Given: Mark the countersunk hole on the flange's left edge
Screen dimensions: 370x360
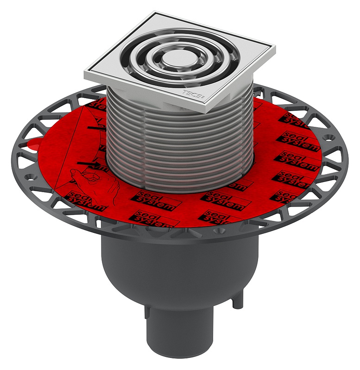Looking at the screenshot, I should click(26, 176).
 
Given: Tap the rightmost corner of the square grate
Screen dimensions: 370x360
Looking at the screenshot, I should click(274, 47).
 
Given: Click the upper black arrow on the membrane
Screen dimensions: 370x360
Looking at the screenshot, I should click(93, 125).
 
